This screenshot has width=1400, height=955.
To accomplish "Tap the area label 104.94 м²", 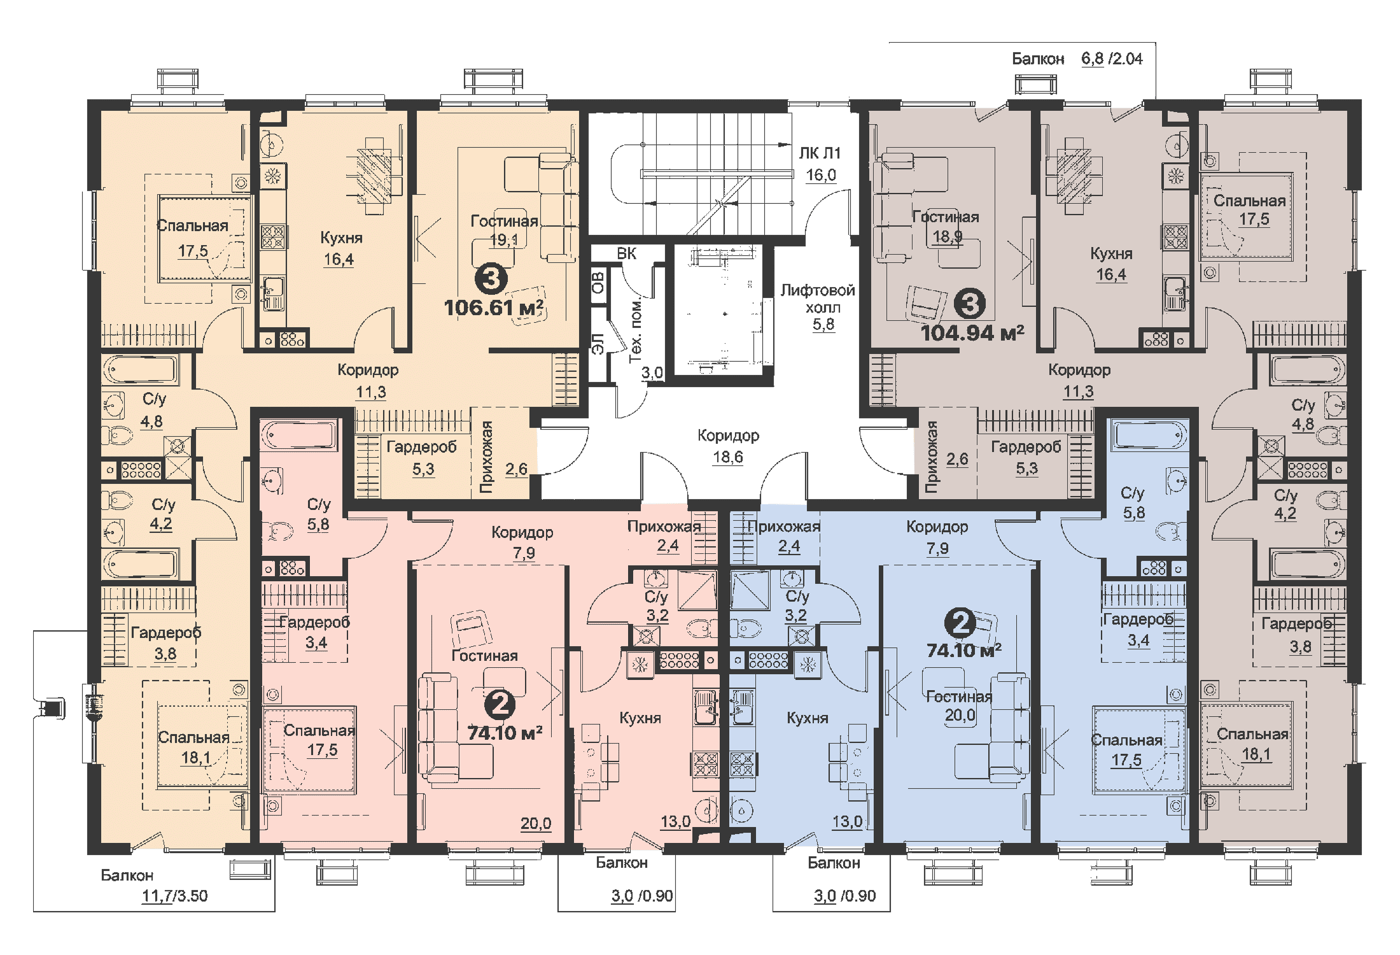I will [x=972, y=332].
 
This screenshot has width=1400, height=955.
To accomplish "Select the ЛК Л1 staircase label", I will [x=820, y=153].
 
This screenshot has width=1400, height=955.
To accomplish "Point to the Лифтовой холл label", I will [x=818, y=299].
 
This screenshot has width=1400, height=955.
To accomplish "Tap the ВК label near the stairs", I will [x=626, y=253].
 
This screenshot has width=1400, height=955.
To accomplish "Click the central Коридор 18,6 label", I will [x=728, y=446].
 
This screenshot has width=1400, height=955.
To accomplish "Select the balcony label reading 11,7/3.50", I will [x=174, y=896].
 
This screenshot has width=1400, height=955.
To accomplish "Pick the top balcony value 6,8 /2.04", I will [x=1112, y=59].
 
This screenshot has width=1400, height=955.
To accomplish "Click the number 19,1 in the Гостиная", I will [x=503, y=240].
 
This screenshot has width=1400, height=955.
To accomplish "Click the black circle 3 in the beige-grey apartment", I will [x=969, y=304].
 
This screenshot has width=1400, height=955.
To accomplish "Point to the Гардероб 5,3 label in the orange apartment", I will [x=422, y=458].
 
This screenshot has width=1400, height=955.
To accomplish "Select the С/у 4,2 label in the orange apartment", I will [x=162, y=514].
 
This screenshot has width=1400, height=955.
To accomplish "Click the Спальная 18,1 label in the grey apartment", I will [x=1252, y=744].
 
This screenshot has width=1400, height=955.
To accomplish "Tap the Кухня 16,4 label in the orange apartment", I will [x=340, y=248].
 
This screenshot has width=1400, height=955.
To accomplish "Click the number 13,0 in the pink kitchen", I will [x=675, y=822].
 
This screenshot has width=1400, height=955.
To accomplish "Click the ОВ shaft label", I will [x=598, y=282].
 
